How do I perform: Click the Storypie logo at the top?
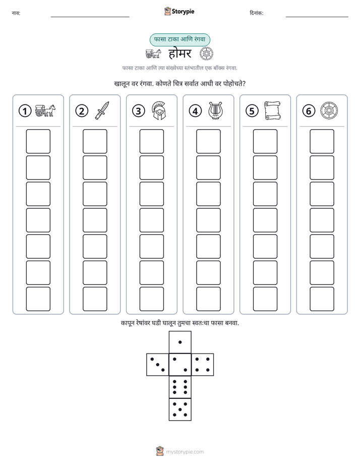click(179, 11)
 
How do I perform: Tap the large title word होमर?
click(180, 53)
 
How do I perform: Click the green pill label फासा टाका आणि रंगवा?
click(179, 39)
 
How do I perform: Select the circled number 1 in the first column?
click(25, 111)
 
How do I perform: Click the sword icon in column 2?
click(102, 110)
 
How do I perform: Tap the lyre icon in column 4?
click(215, 110)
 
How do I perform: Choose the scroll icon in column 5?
click(272, 110)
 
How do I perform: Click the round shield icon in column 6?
click(329, 110)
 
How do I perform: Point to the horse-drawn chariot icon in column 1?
click(45, 110)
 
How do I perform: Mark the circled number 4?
click(195, 111)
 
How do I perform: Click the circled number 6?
click(309, 111)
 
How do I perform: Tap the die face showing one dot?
click(180, 342)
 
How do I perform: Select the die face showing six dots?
click(180, 387)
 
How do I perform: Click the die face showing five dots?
click(180, 410)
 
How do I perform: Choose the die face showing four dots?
click(203, 365)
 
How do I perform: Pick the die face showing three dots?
click(157, 365)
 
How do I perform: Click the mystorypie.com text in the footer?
click(185, 452)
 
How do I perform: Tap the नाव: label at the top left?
click(16, 13)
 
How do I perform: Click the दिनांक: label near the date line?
click(257, 13)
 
